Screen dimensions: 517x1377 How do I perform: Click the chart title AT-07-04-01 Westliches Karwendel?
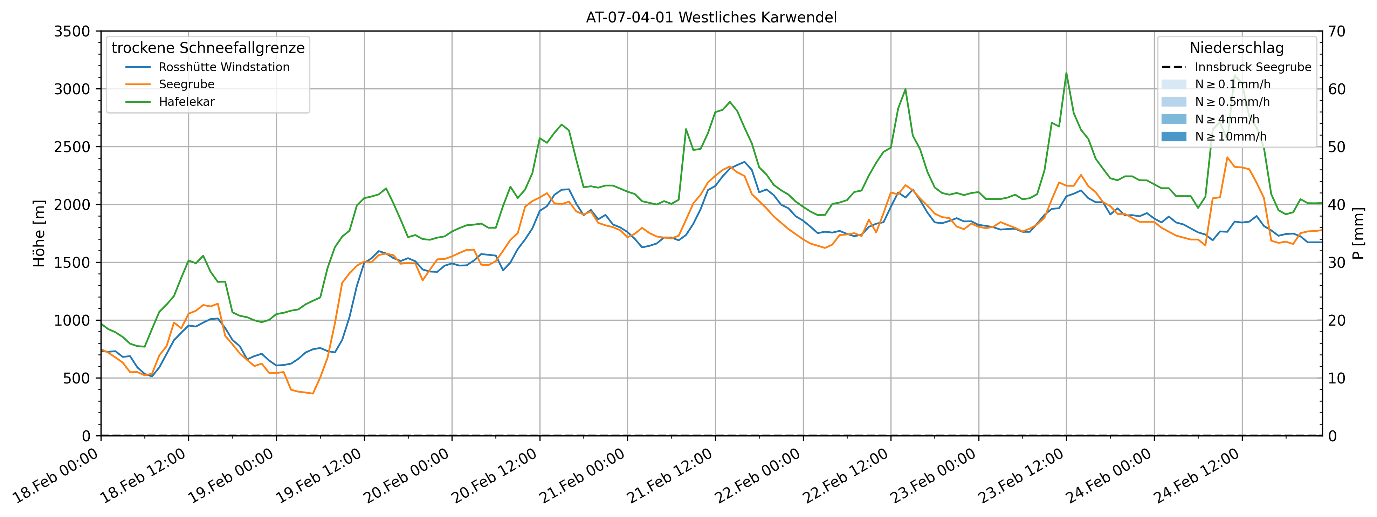[x=711, y=18]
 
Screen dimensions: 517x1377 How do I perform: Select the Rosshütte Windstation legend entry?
[x=223, y=67]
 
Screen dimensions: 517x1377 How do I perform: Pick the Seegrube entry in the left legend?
[x=187, y=84]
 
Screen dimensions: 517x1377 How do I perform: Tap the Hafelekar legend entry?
[x=187, y=102]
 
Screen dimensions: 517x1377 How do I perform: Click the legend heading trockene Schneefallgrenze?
[x=208, y=48]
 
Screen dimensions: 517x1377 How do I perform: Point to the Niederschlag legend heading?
[x=1237, y=48]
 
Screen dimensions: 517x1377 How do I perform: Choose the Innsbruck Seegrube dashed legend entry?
[x=1252, y=67]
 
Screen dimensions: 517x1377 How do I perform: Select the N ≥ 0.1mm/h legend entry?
[x=1232, y=84]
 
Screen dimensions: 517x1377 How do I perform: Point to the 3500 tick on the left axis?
[x=71, y=32]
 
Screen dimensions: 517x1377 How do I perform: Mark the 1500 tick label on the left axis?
[x=71, y=263]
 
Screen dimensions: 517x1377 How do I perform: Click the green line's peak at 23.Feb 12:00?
[x=1066, y=73]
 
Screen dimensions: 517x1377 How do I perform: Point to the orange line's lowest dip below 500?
[x=313, y=394]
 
